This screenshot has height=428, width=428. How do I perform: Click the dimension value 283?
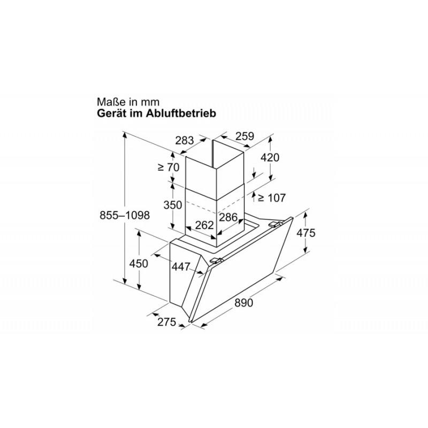click(x=184, y=141)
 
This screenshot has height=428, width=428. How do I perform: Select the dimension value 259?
click(x=244, y=136)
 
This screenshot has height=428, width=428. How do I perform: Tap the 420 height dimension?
click(x=270, y=157)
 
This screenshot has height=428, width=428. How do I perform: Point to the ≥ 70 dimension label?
click(x=169, y=167)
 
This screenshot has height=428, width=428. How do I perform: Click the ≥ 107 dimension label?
click(x=272, y=197)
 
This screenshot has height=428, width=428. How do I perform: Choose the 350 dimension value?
click(x=172, y=205)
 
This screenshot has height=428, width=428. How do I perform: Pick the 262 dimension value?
click(x=204, y=225)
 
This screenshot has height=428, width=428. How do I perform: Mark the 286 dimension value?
click(x=228, y=217)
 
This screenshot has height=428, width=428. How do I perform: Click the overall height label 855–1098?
click(x=125, y=216)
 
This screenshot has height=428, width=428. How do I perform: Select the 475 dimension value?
click(x=305, y=233)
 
